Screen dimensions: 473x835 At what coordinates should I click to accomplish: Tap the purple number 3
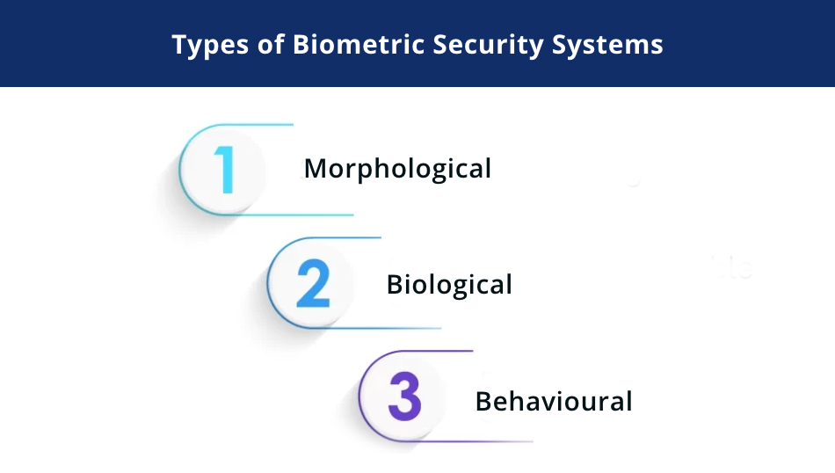pos(404,397)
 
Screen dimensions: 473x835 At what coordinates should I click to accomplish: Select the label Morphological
pos(397,168)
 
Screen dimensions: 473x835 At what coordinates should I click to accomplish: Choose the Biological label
pos(449,284)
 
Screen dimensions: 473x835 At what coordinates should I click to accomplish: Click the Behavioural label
pos(554,401)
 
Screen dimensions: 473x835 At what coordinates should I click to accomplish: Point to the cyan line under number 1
pos(299,215)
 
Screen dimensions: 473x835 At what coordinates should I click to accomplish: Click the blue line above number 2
pos(343,237)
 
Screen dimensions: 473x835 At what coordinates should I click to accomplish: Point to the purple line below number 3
pos(475,440)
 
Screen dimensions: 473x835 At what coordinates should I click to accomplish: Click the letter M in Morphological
pos(315,168)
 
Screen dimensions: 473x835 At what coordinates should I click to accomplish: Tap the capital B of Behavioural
pos(483,401)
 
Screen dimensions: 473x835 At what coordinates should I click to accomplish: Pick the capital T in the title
pos(179,45)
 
